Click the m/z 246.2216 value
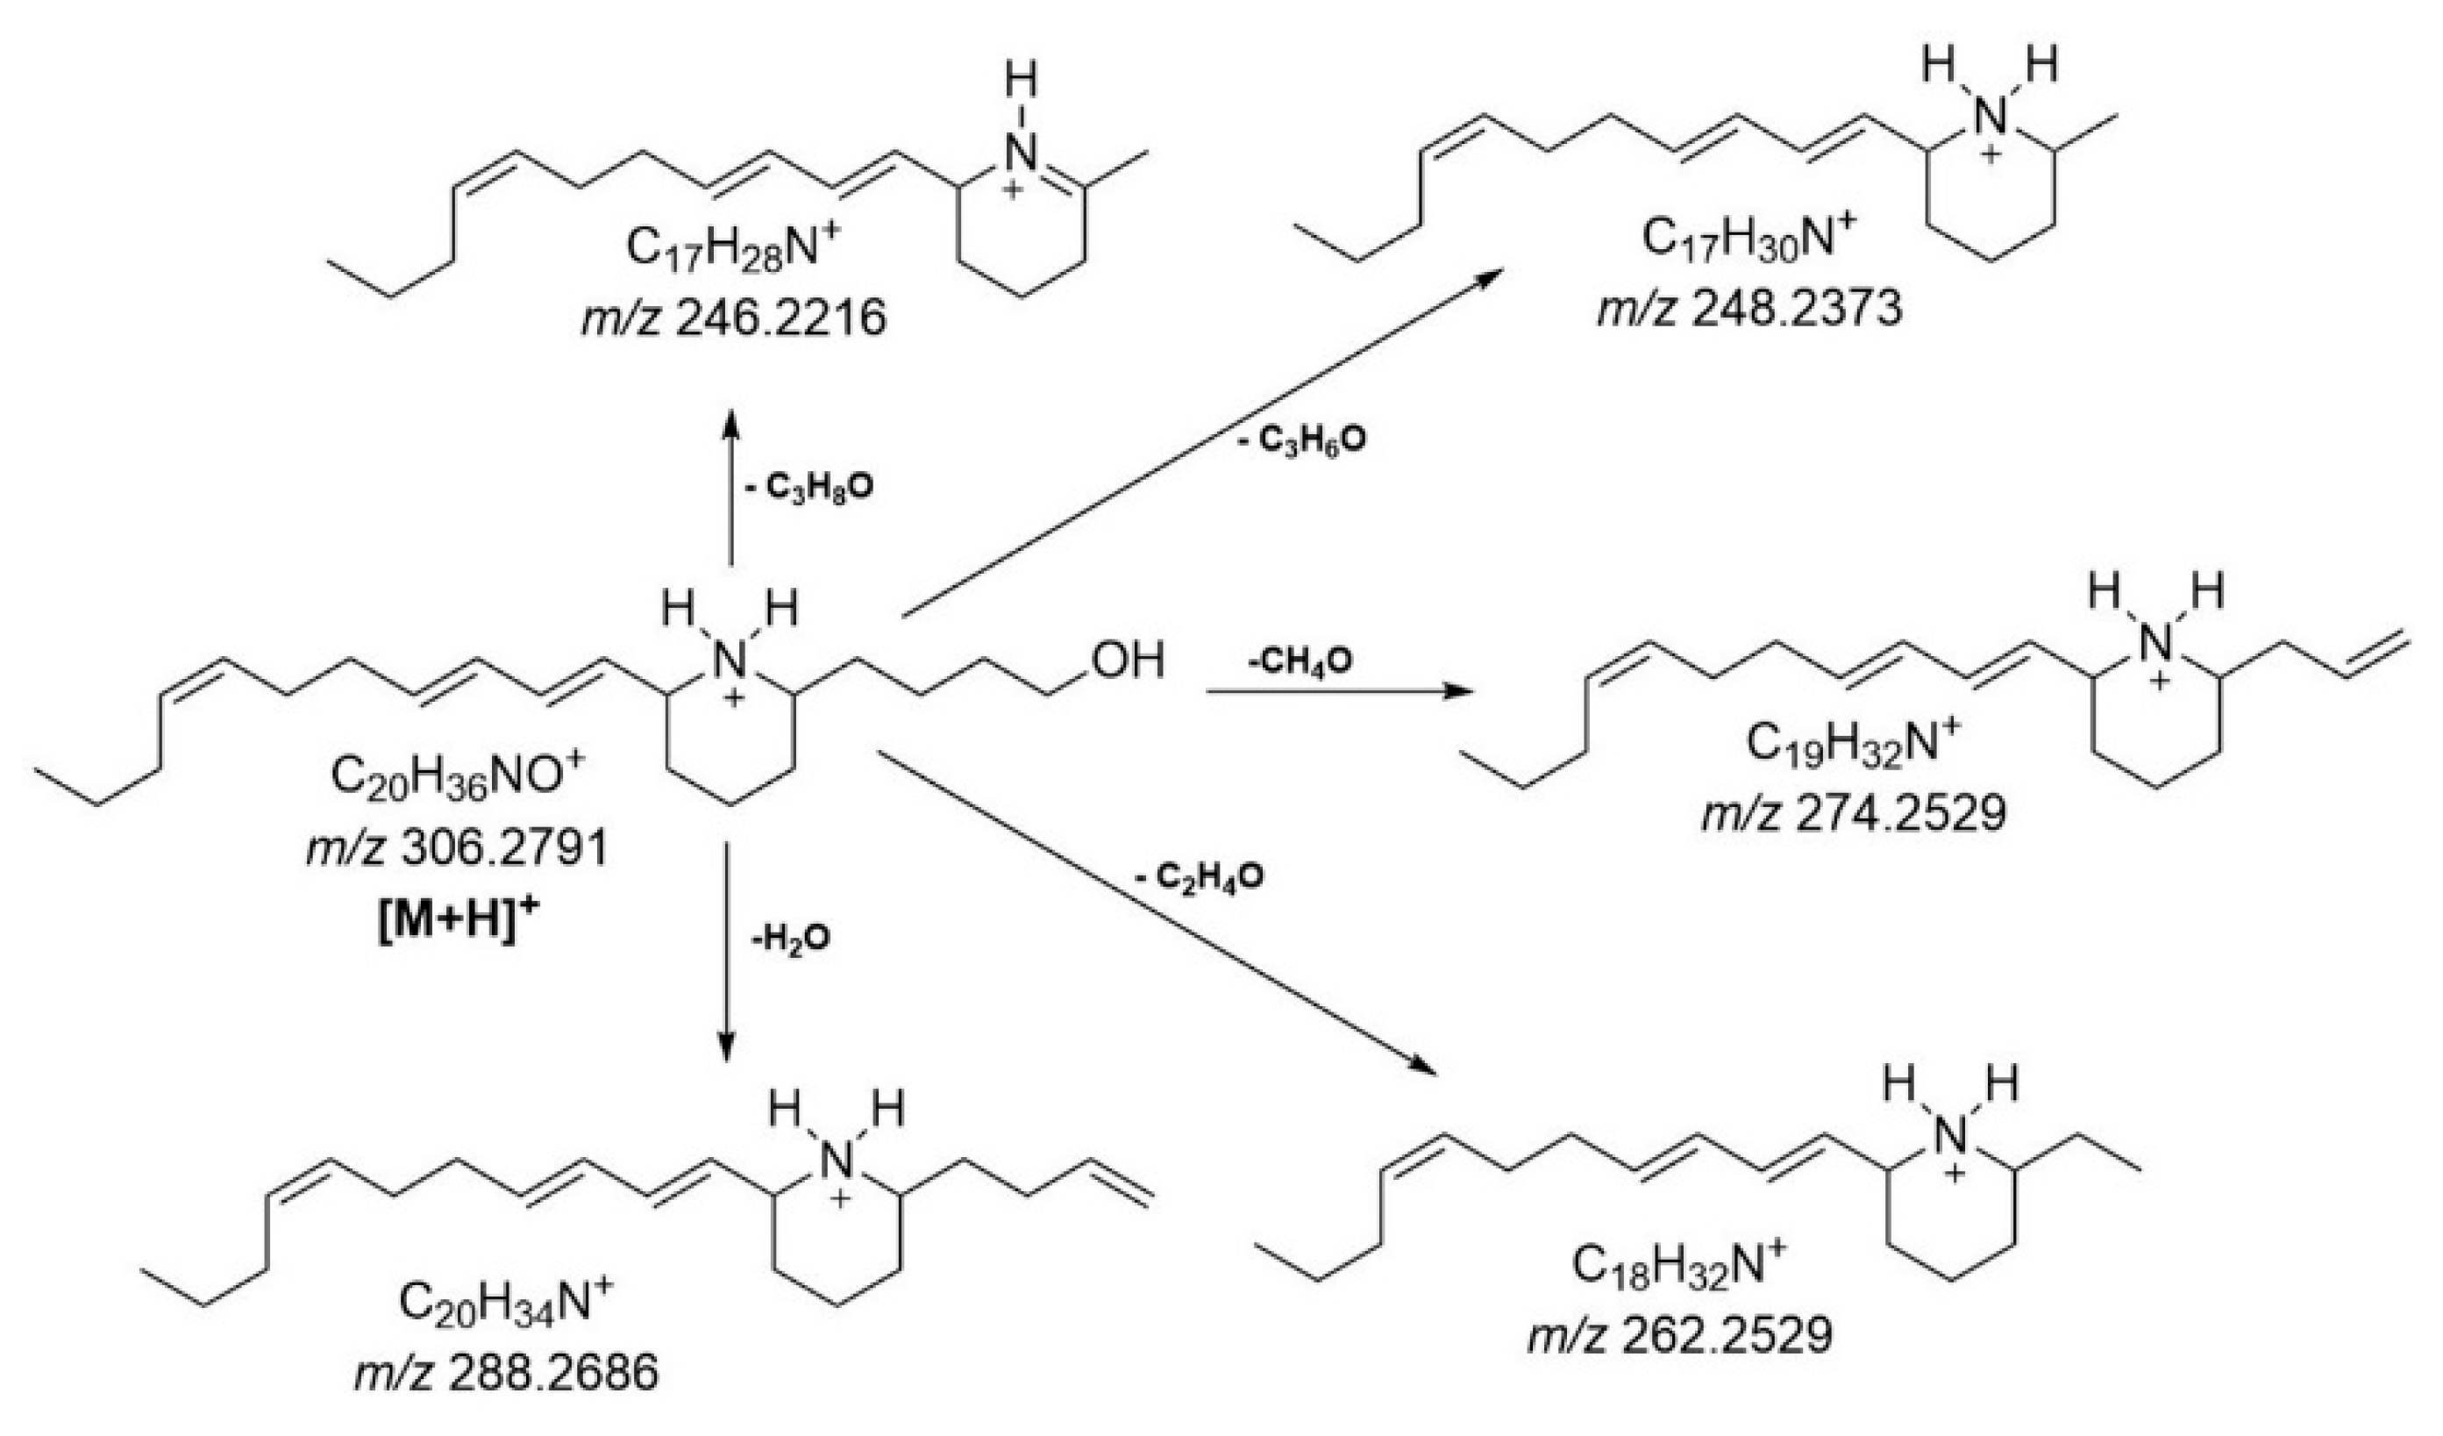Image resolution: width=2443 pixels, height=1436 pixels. pyautogui.click(x=734, y=318)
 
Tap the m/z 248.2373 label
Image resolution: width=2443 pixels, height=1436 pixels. pyautogui.click(x=1750, y=308)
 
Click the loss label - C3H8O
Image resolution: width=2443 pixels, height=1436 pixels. pyautogui.click(x=808, y=487)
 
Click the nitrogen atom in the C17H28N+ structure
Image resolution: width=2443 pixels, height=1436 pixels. pyautogui.click(x=1021, y=151)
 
